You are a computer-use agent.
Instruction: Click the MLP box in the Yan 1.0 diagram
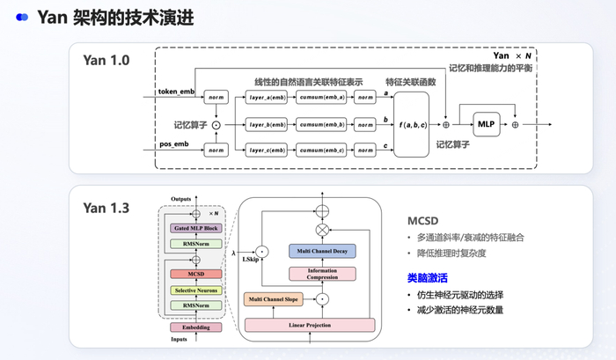[x=487, y=125]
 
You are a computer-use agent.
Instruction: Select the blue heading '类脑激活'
[x=427, y=278]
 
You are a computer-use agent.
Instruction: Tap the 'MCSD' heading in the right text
[x=424, y=220]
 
